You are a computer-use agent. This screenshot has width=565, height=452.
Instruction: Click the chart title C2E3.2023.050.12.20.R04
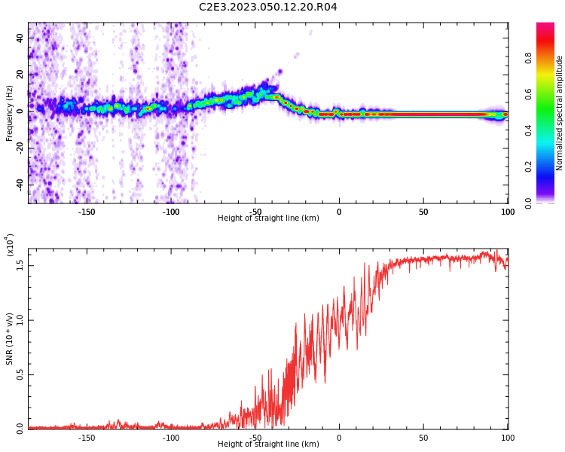point(268,7)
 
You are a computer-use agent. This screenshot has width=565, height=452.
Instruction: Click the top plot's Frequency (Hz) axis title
point(10,113)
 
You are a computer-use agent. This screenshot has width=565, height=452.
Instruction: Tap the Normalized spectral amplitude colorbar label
point(560,113)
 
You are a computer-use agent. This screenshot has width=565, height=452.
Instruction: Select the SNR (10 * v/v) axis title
point(10,340)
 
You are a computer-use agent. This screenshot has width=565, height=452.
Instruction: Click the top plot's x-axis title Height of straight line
point(268,218)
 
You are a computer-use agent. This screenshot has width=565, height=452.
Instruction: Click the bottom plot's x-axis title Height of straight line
point(268,444)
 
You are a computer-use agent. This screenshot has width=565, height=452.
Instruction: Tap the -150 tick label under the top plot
point(87,212)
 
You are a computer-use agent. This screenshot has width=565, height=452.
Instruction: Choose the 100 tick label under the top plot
point(508,212)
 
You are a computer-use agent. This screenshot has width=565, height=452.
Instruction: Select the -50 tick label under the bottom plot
point(255,438)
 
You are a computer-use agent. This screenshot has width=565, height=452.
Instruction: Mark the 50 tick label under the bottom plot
point(423,438)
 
